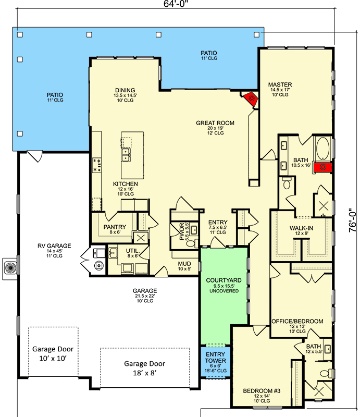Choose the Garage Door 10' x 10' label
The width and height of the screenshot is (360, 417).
click(x=53, y=354)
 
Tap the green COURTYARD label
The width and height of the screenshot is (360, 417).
click(x=223, y=285)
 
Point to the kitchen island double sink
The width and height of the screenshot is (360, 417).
click(x=125, y=154)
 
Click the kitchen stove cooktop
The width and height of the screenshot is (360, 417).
click(x=97, y=165)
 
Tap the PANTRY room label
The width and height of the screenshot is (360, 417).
click(x=113, y=228)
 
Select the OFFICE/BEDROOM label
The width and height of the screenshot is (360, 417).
click(x=297, y=321)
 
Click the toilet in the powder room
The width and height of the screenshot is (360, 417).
click(x=190, y=242)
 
